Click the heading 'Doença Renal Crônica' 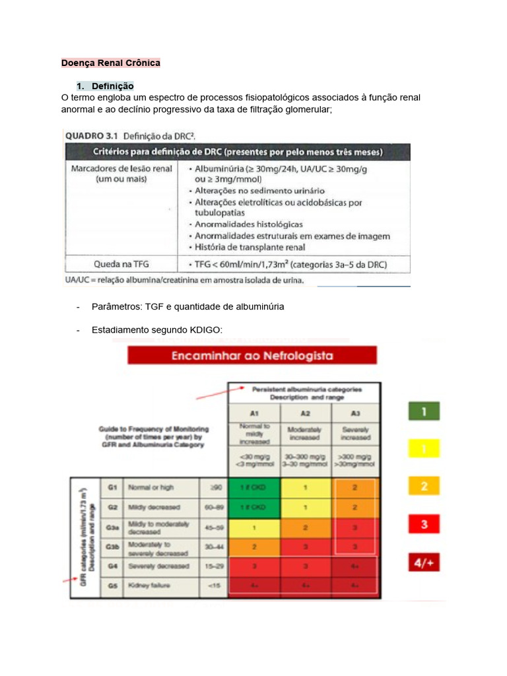(x=111, y=63)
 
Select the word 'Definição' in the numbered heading (x=113, y=86)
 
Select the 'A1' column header (x=254, y=412)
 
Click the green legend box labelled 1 (x=425, y=412)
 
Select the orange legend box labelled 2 (x=425, y=487)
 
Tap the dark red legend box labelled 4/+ (x=425, y=563)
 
